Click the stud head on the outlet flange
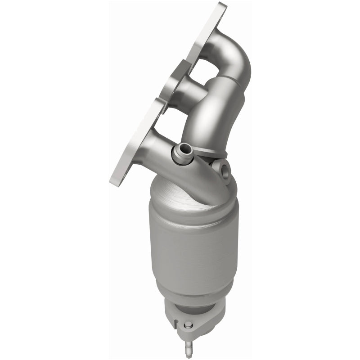189,325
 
